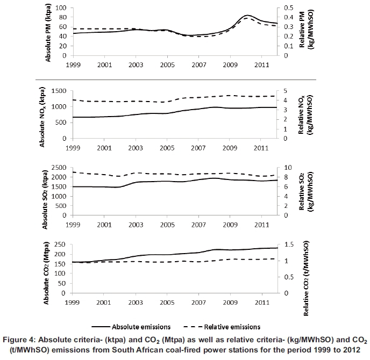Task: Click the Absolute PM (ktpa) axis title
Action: [48, 32]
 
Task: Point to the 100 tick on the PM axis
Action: [60, 8]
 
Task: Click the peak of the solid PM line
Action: [247, 16]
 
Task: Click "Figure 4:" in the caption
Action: [19, 340]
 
